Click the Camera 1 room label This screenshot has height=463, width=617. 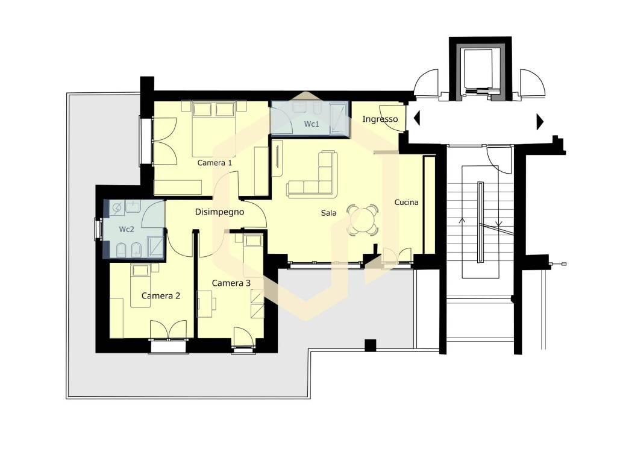pyautogui.click(x=215, y=163)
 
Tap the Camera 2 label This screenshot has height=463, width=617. pyautogui.click(x=160, y=295)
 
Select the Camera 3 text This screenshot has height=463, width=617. pyautogui.click(x=231, y=283)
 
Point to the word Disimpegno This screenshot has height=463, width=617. pyautogui.click(x=219, y=212)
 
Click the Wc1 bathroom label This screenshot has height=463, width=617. pyautogui.click(x=312, y=124)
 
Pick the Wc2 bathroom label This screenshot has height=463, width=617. pyautogui.click(x=127, y=229)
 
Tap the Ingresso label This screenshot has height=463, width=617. pyautogui.click(x=380, y=119)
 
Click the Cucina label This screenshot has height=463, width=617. pyautogui.click(x=407, y=203)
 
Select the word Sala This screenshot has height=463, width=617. pyautogui.click(x=328, y=213)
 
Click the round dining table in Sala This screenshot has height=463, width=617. pyautogui.click(x=363, y=219)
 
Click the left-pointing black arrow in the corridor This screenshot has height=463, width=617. pyautogui.click(x=417, y=118)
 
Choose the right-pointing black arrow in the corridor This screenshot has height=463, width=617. pyautogui.click(x=540, y=122)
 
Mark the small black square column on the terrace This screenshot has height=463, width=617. pyautogui.click(x=371, y=345)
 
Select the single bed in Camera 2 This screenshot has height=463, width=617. pyautogui.click(x=141, y=285)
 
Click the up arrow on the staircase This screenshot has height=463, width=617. pyautogui.click(x=462, y=222)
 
